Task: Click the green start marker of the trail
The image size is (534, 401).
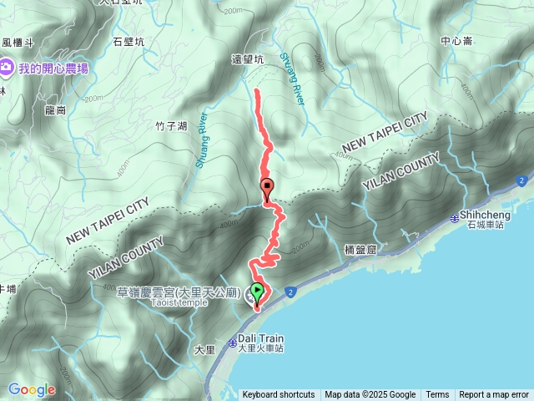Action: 257,292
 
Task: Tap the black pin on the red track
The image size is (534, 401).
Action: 267,187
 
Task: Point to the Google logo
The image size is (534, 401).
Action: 31,389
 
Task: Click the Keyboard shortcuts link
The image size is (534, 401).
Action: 279,395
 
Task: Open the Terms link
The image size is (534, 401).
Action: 437,395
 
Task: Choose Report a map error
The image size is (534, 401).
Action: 494,395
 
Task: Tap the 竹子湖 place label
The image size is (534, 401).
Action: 171,126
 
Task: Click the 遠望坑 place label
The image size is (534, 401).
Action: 247,60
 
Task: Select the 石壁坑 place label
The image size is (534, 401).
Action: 128,41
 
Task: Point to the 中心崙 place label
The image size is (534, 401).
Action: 456,40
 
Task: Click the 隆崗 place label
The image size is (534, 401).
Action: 55,109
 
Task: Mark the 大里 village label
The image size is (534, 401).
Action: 204,348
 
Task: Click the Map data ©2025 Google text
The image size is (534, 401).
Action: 370,395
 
